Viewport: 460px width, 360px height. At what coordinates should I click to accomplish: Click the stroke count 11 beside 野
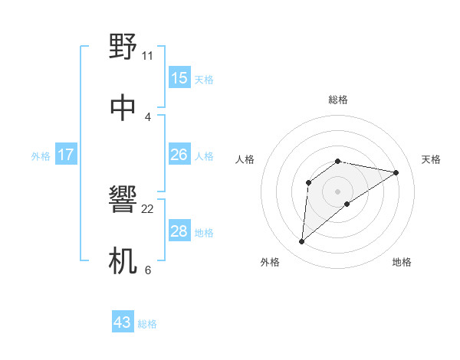coord(148,55)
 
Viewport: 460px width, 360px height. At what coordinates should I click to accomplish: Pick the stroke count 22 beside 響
coord(148,208)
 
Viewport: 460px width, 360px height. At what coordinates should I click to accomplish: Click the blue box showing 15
coord(179,78)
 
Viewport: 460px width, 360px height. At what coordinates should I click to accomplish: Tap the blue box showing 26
coord(179,155)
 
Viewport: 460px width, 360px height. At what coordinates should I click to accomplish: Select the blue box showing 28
coord(179,231)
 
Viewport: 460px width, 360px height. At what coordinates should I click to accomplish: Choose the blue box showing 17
coord(66,155)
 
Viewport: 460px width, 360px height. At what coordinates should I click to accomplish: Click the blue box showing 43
coord(123,322)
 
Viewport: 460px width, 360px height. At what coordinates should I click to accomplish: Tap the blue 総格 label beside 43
coord(147,324)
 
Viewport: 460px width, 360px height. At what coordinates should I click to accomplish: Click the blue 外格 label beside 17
coord(41,156)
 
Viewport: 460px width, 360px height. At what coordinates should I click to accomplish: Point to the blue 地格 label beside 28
coord(204,233)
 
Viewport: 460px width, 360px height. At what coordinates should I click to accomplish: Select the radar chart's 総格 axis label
coord(338,100)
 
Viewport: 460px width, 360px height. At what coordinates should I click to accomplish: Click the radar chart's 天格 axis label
coord(431,159)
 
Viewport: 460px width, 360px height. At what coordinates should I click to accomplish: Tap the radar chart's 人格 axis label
coord(245,159)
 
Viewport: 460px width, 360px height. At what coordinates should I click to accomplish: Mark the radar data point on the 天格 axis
coord(396,172)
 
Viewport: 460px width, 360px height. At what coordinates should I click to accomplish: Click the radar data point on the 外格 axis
coord(301,242)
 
